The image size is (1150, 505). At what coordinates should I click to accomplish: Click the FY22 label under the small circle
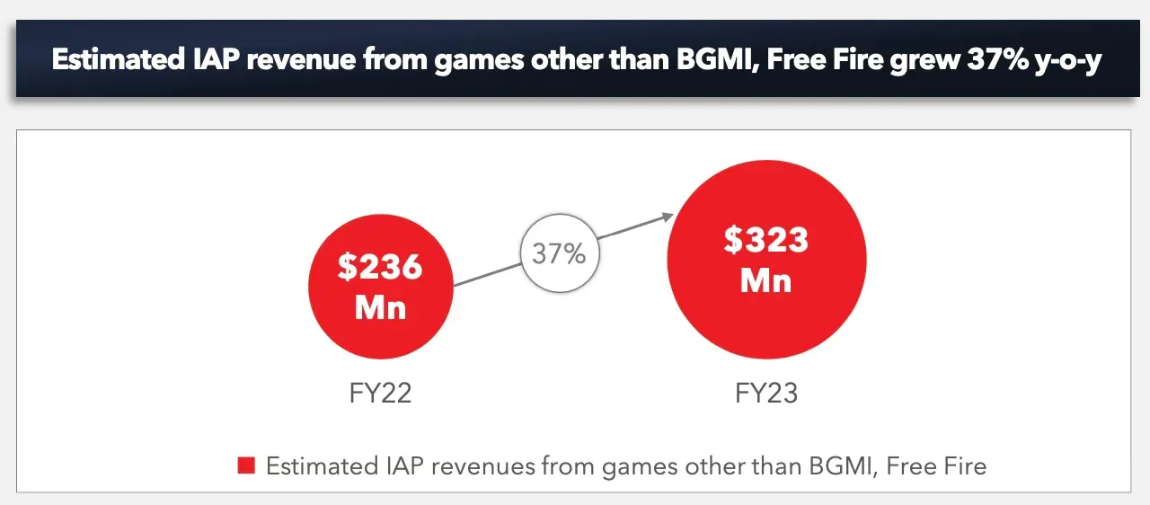(380, 393)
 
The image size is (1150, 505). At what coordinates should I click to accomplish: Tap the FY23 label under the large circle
(766, 393)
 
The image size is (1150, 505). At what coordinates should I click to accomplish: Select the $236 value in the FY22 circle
(380, 267)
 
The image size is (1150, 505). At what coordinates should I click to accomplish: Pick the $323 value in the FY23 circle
(766, 240)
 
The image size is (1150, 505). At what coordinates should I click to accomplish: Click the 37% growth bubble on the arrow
(559, 253)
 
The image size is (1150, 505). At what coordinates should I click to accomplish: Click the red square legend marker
(246, 465)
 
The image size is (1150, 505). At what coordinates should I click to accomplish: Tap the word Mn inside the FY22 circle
(380, 307)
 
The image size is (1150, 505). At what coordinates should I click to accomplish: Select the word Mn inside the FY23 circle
(766, 280)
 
